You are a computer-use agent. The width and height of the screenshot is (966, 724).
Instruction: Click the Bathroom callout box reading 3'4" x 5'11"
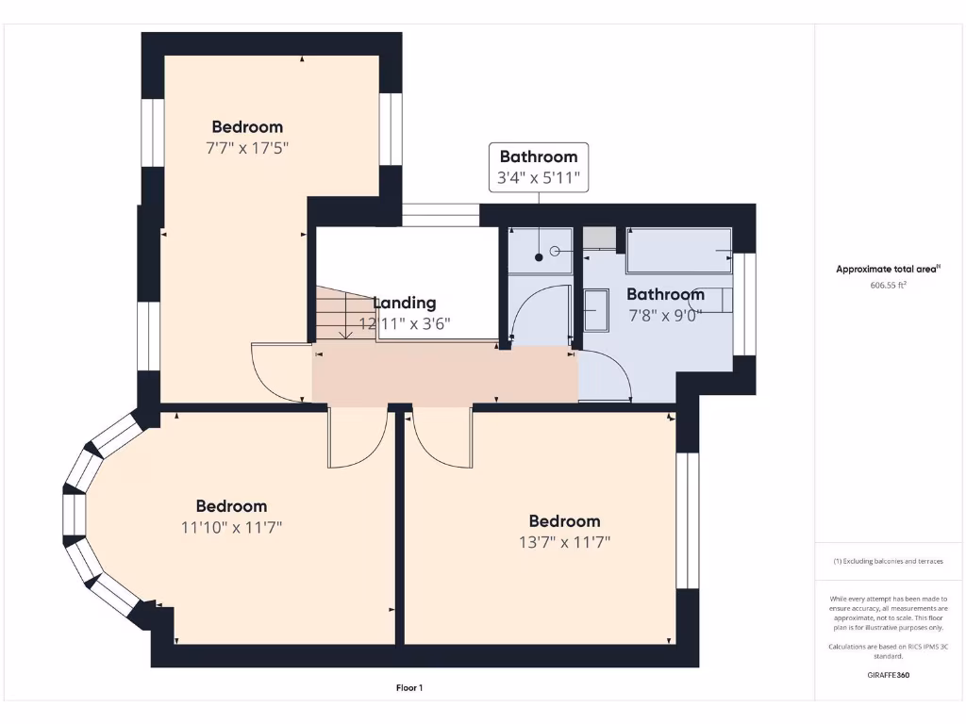pos(538,167)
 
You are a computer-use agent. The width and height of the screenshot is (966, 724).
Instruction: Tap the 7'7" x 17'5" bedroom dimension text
pos(246,148)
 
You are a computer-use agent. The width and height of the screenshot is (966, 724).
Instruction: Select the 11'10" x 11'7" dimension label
pos(231,527)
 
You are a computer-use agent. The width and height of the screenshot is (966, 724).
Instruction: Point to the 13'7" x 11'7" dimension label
pos(564,542)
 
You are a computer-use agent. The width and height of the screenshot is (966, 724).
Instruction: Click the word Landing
pos(405,303)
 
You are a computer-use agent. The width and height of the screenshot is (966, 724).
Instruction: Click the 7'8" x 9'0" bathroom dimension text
pos(665,316)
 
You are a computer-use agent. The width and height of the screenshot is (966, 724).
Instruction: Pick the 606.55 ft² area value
pos(888,285)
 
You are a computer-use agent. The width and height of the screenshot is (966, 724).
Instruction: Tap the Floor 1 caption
pos(408,688)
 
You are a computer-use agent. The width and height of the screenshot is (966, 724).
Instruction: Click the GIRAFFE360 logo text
pos(888,675)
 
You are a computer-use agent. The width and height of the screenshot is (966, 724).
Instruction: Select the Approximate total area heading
pos(888,269)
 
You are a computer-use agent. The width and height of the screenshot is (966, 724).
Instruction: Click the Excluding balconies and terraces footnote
pos(888,561)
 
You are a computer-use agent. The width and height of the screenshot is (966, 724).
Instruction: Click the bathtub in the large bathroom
pos(679,251)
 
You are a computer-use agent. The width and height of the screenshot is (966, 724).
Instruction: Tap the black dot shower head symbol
pos(539,256)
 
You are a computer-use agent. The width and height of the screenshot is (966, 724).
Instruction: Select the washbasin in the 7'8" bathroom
pos(596,310)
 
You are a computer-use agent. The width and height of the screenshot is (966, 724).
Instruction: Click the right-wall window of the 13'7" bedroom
pos(688,520)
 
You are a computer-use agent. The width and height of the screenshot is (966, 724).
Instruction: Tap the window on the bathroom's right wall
pos(744,304)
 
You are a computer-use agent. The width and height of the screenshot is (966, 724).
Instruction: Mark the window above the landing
pos(441,215)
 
